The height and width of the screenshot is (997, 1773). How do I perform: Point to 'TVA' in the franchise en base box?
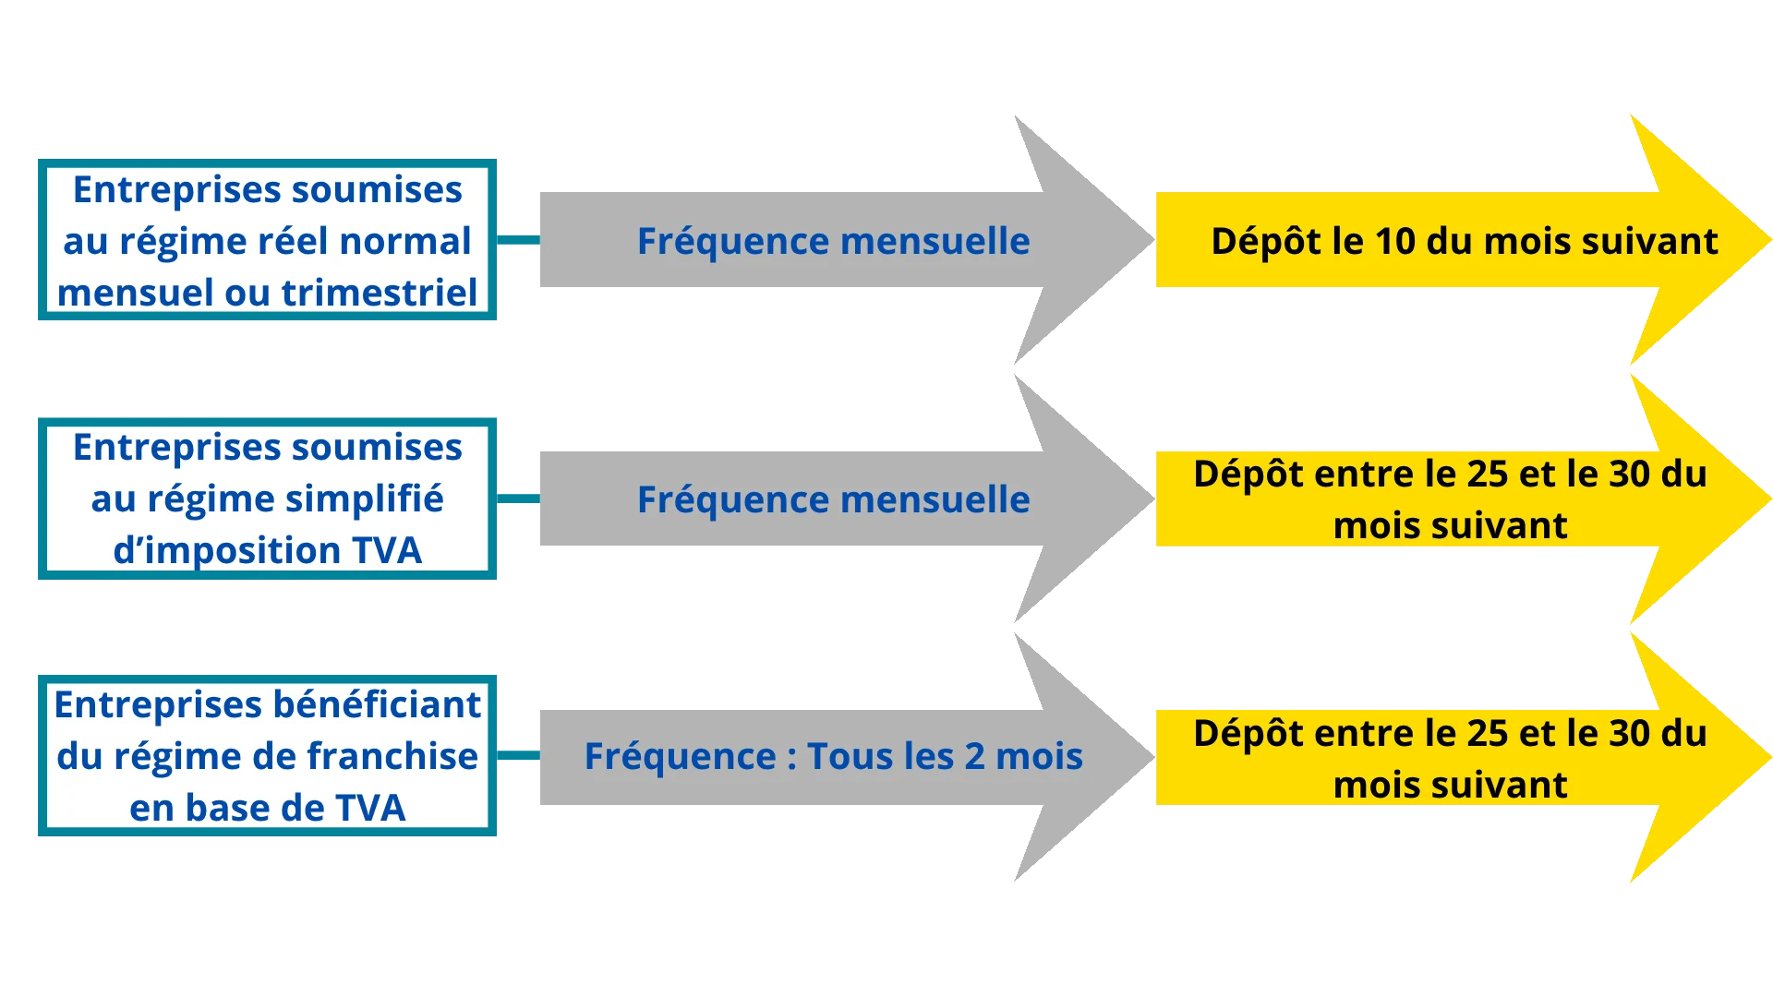pyautogui.click(x=370, y=808)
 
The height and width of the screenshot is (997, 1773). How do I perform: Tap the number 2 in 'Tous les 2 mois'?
pyautogui.click(x=975, y=756)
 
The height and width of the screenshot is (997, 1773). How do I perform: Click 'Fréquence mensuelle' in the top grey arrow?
pyautogui.click(x=833, y=241)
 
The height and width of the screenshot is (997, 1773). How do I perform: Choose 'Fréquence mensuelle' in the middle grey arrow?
pyautogui.click(x=833, y=499)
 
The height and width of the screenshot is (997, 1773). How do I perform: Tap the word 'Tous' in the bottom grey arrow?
pyautogui.click(x=846, y=756)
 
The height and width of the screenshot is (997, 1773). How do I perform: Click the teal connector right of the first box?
pyautogui.click(x=519, y=240)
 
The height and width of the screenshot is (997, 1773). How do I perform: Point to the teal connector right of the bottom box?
pyautogui.click(x=519, y=755)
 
